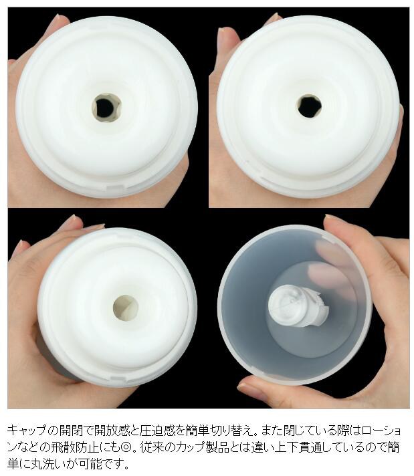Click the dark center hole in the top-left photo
pos(106,108)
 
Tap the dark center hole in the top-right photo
pos(309,106)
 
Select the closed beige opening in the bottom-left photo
pos(126,308)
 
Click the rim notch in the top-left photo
pos(112,187)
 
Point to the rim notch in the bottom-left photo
pos(118,378)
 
